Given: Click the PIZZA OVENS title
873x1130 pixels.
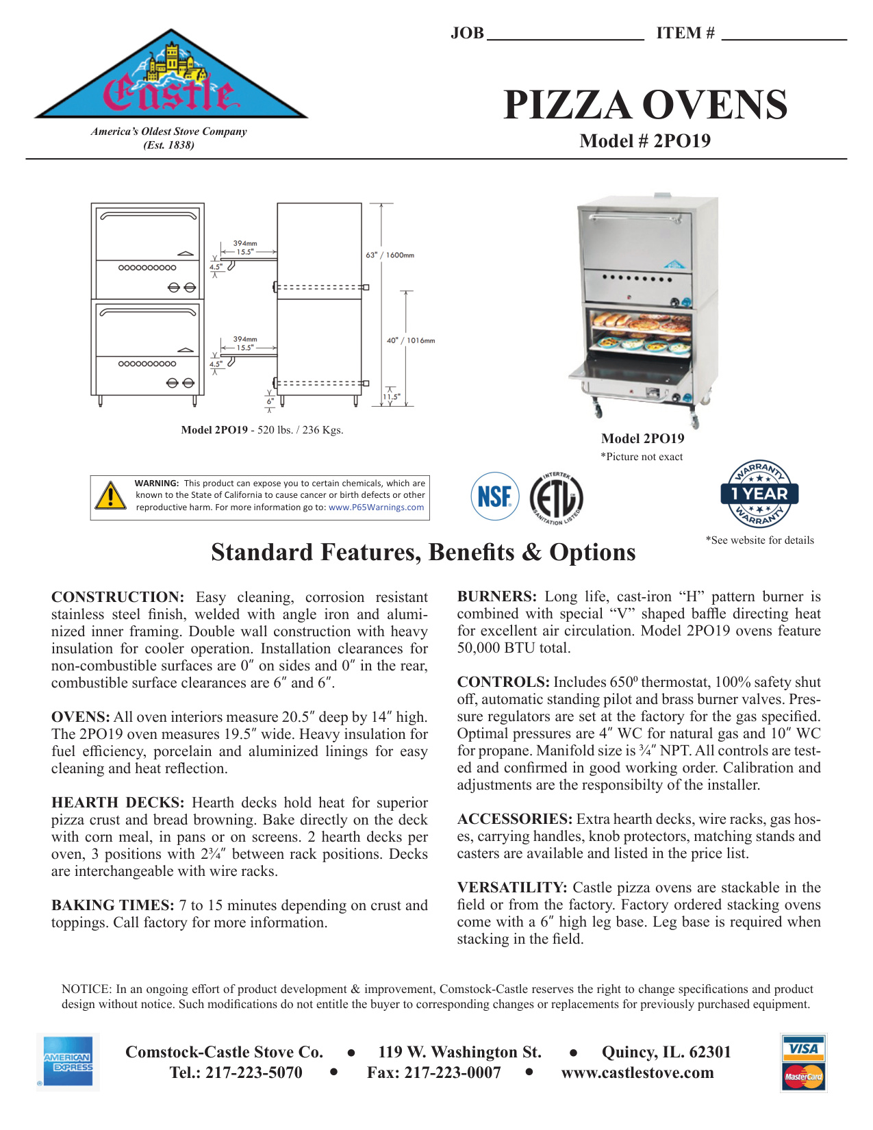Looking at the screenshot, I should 645,105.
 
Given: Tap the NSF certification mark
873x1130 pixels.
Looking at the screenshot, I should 494,496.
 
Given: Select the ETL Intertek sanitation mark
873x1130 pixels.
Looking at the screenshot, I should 556,498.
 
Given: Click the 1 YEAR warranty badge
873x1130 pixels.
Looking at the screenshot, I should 759,493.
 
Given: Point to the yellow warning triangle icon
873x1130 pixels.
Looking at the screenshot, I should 110,496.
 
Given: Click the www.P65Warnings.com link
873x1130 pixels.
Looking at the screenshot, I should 376,507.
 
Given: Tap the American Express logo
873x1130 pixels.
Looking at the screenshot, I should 68,1062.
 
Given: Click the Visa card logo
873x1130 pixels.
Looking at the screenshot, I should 803,1049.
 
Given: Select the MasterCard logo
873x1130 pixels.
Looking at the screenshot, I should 803,1077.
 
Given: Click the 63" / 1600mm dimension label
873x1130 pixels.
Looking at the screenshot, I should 390,255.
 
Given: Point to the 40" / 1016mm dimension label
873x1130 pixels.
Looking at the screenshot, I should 410,340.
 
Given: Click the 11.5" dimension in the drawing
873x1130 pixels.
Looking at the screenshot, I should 391,397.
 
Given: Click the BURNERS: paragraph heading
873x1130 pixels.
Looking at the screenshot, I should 496,597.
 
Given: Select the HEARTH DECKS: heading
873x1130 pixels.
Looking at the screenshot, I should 118,803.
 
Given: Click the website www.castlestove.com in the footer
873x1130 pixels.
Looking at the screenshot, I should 637,1073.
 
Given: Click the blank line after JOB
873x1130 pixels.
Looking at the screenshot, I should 565,34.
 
